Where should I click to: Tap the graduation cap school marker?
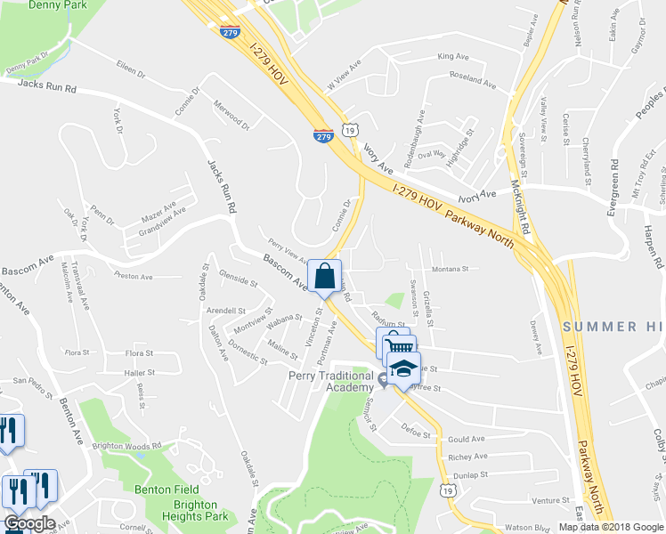[x=403, y=369]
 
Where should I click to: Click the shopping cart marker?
[x=398, y=347]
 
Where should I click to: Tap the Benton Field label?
[x=165, y=489]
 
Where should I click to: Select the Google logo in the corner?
[x=29, y=524]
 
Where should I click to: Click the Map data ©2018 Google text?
[x=612, y=527]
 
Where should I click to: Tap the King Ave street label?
[x=452, y=57]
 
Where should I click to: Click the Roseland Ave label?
[x=472, y=80]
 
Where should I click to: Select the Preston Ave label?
[x=133, y=276]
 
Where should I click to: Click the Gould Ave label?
[x=466, y=439]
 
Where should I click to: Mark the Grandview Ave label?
[x=156, y=222]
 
